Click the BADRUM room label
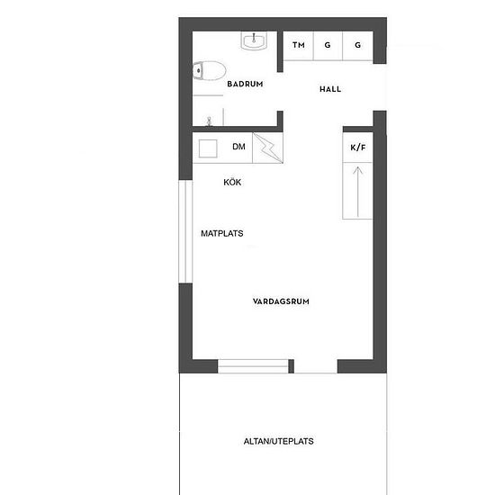coord(245,84)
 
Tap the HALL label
coord(330,89)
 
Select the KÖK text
coord(232,182)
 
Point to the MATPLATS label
coord(222,234)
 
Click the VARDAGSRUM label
coord(281,301)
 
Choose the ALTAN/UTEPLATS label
coord(279,441)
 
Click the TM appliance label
coord(299,45)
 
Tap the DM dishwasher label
coord(238,147)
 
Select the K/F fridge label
coord(358,148)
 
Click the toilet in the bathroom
coord(209,70)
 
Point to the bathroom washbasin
coord(254,40)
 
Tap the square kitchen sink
coord(208,148)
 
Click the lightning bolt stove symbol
coord(267,148)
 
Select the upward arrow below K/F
coord(357,192)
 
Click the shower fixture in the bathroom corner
coord(209,121)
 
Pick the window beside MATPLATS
coord(185,231)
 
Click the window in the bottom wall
coord(253,366)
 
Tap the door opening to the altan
coord(316,366)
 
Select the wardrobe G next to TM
coord(328,46)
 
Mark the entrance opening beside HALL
coord(380,87)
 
